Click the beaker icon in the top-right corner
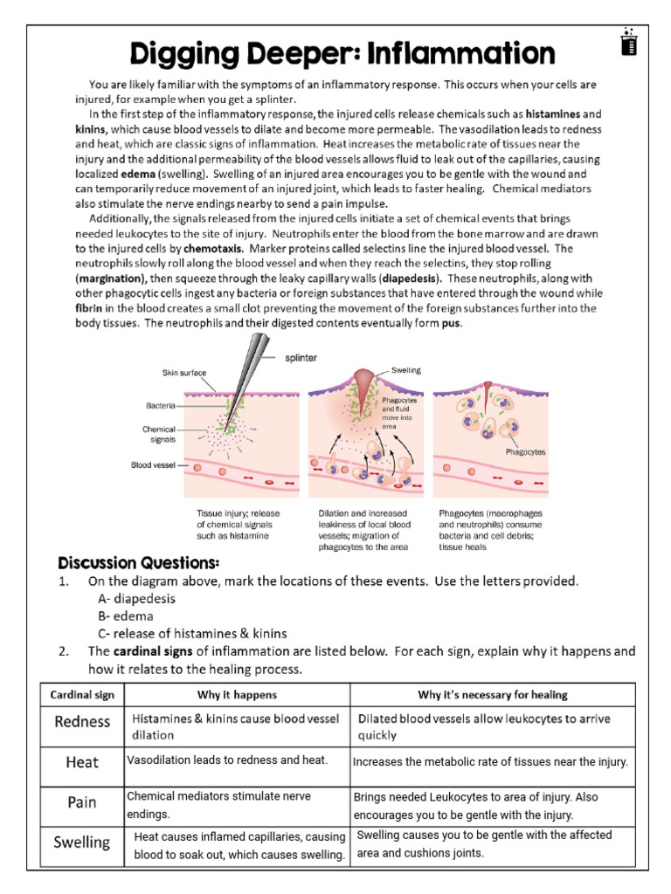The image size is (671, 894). [626, 42]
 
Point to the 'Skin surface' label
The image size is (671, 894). [183, 373]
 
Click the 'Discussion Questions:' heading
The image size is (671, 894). [138, 560]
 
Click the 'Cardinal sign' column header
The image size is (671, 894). [83, 695]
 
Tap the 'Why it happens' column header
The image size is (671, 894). [237, 695]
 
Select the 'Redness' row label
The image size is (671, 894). [82, 721]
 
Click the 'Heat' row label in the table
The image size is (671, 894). [82, 762]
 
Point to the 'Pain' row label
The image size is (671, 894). [82, 802]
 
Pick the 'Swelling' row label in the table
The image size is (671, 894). [82, 842]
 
